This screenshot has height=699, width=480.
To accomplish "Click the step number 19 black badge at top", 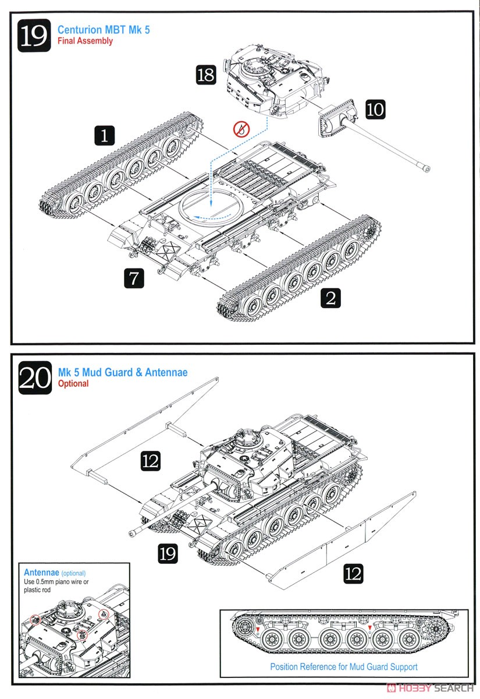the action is pyautogui.click(x=34, y=36).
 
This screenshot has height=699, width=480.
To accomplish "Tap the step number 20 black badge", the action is pyautogui.click(x=35, y=377).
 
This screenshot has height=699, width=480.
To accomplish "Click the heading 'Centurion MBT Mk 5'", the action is pyautogui.click(x=104, y=30).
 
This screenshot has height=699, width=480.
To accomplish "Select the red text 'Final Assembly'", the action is pyautogui.click(x=85, y=41).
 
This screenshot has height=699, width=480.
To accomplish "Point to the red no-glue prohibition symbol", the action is pyautogui.click(x=241, y=129).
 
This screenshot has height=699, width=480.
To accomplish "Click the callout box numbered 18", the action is pyautogui.click(x=206, y=75).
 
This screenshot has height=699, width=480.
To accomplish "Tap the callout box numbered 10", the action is pyautogui.click(x=375, y=110).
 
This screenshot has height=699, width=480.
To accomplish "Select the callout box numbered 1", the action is pyautogui.click(x=104, y=135).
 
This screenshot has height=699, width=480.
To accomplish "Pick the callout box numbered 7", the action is pyautogui.click(x=134, y=278).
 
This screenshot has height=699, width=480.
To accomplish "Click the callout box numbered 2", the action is pyautogui.click(x=330, y=298).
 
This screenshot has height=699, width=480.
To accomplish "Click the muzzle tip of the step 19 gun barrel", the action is pyautogui.click(x=427, y=169).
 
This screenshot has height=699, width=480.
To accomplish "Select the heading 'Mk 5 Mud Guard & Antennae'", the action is pyautogui.click(x=123, y=372).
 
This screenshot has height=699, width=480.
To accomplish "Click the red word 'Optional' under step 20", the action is pyautogui.click(x=73, y=383).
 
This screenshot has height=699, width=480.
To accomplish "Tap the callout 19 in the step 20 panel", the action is pyautogui.click(x=168, y=553).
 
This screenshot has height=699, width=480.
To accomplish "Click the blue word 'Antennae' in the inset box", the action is pyautogui.click(x=41, y=572).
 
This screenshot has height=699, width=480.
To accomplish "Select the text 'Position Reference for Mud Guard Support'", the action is pyautogui.click(x=344, y=666).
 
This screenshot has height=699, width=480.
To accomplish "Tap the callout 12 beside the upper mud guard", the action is pyautogui.click(x=151, y=461).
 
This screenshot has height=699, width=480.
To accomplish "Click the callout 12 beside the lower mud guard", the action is pyautogui.click(x=354, y=574).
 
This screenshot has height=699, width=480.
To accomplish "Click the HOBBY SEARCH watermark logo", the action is pyautogui.click(x=430, y=688).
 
